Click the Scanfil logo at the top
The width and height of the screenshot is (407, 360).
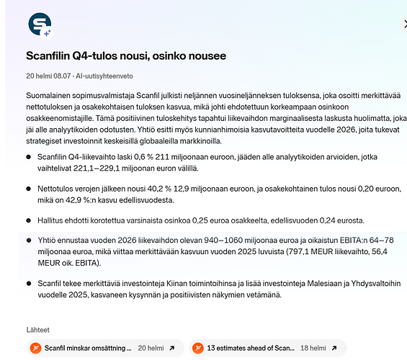point(40,25)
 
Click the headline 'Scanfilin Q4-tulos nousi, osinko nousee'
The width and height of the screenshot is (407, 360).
point(126,55)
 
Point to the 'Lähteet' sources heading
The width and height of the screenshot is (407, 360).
point(37,330)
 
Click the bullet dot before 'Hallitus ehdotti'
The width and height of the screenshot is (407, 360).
point(28,220)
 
